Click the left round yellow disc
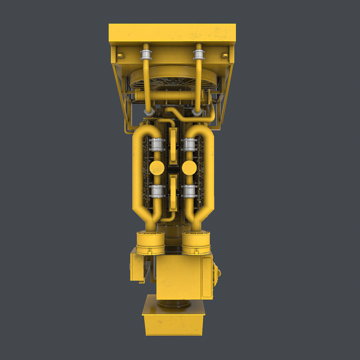coord(157,168)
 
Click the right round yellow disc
coord(189,168)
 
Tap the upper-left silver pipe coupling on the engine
coord(157,145)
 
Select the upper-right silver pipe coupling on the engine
coord(189,145)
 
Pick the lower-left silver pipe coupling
coord(157,191)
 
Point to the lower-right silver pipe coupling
coord(189,191)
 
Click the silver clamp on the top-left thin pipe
coord(146,55)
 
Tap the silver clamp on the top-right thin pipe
coord(199,55)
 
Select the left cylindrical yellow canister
coord(151,243)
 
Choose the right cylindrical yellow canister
coord(196,242)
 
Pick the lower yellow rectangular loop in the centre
coord(173,193)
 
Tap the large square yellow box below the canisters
coord(179,277)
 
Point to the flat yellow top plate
coord(172,32)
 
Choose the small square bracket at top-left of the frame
coord(120,56)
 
